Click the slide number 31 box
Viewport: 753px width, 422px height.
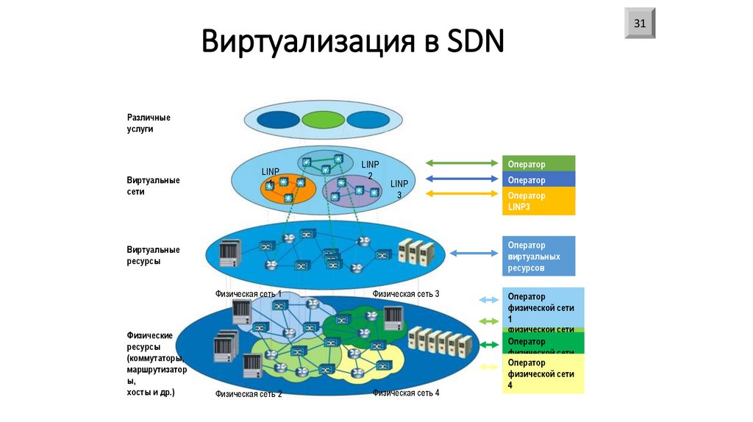(640, 24)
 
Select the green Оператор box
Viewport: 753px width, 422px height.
(539, 163)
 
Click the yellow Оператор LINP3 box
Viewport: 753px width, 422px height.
(539, 201)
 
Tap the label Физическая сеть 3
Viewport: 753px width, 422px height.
(406, 293)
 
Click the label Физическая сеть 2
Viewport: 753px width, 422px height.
(249, 394)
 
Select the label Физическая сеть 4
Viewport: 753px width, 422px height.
(406, 393)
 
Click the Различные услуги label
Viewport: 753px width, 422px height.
(149, 123)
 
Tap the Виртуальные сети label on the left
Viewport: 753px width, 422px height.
(153, 185)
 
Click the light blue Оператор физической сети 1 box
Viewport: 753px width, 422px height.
(543, 307)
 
